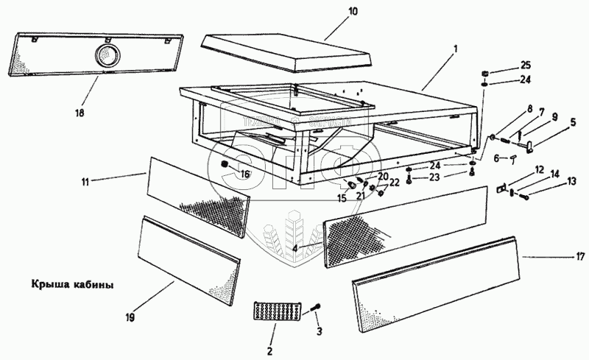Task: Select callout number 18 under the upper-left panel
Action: coord(80,113)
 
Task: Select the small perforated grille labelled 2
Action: coord(275,311)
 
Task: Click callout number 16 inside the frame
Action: coord(246,174)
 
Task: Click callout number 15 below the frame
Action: coord(341,197)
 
